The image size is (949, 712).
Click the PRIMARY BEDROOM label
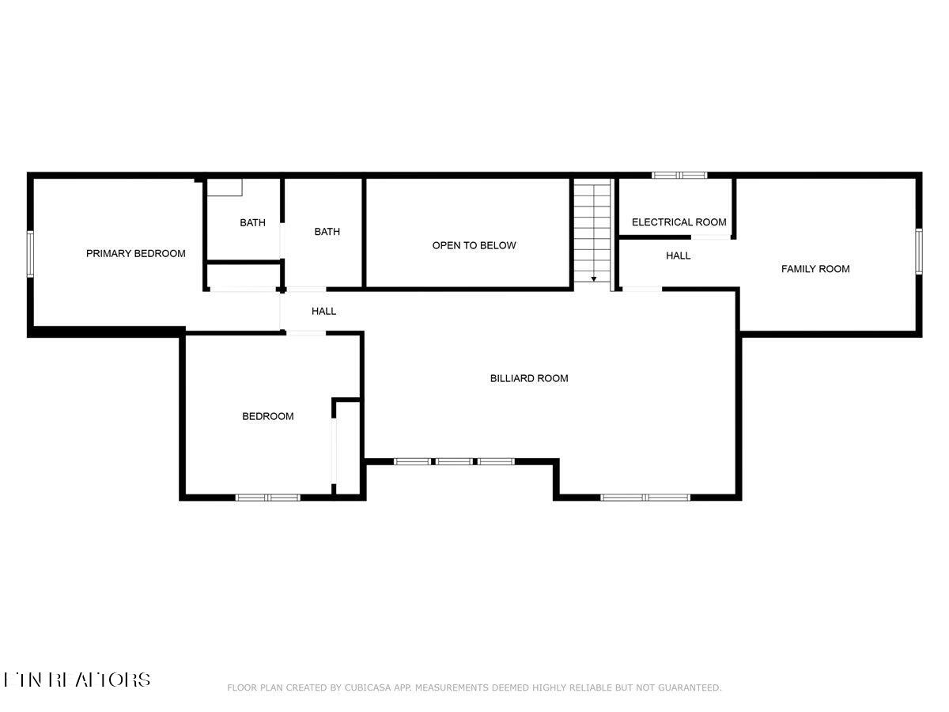click(x=135, y=253)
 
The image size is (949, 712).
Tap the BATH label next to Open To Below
click(x=327, y=232)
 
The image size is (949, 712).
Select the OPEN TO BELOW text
click(x=474, y=245)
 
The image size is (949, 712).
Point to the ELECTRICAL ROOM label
click(x=679, y=222)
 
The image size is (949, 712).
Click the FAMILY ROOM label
click(x=815, y=269)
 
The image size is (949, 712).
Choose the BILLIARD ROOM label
click(x=529, y=378)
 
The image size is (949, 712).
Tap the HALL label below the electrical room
click(x=678, y=256)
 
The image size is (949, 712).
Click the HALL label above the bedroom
click(x=323, y=311)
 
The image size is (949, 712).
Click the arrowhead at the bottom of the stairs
click(x=594, y=279)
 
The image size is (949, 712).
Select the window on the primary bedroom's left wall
click(x=30, y=253)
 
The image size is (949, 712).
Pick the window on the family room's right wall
click(x=919, y=252)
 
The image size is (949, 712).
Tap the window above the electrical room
click(x=679, y=175)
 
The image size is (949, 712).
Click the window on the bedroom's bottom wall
click(x=267, y=498)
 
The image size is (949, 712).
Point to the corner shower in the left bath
click(x=225, y=187)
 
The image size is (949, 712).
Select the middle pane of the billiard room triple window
click(x=454, y=461)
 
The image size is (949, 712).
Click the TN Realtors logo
click(x=77, y=680)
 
